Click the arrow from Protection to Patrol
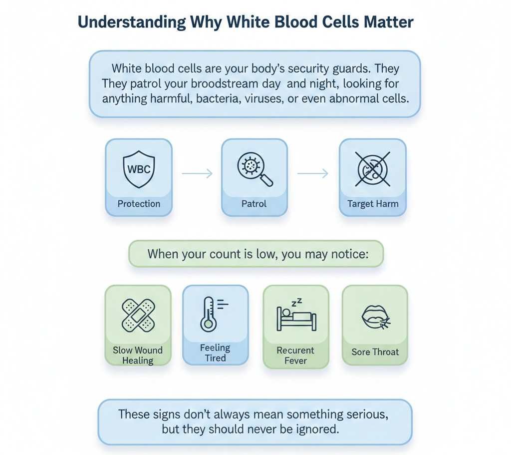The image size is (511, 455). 197,174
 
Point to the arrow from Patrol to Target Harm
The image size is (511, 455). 313,174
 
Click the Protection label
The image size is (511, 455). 139,204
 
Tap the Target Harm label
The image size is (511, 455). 373,204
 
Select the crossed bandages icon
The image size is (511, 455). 138,315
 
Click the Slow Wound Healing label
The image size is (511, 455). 138,355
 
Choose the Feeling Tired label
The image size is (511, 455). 215,353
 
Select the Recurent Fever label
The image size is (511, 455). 295,355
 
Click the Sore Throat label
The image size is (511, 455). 375,352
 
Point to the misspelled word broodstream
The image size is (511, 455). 225,83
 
